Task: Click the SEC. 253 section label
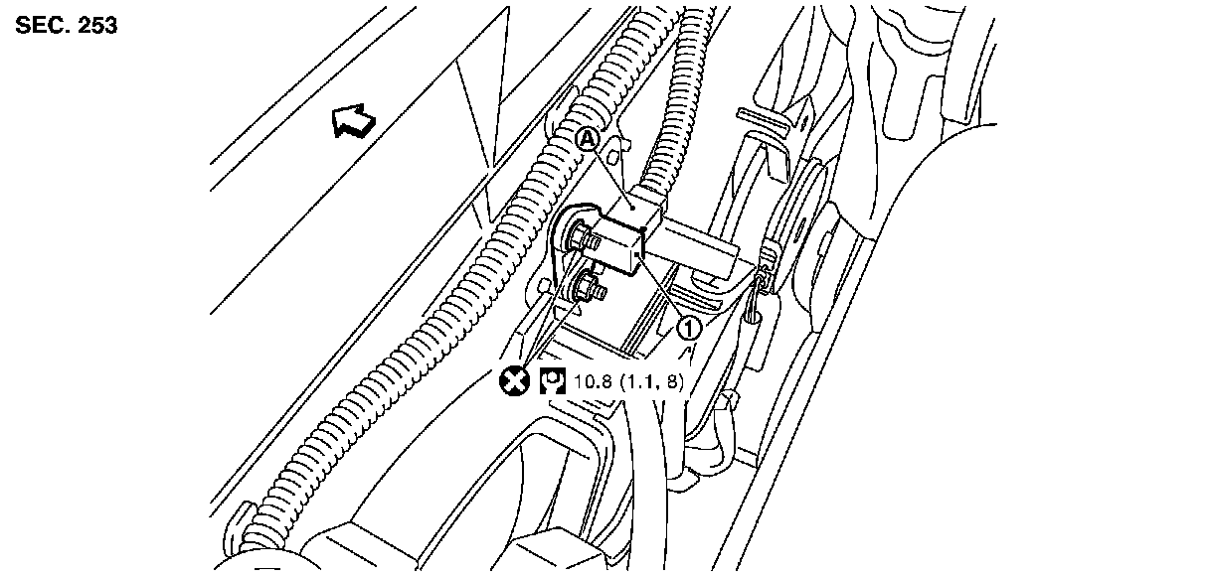pos(67,27)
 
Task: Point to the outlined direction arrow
pos(355,122)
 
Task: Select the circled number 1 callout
pos(689,326)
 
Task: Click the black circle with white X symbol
pos(514,379)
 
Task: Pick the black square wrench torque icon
pos(550,379)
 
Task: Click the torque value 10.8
pos(588,380)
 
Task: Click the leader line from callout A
pos(608,172)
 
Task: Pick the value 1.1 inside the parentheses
pos(643,380)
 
